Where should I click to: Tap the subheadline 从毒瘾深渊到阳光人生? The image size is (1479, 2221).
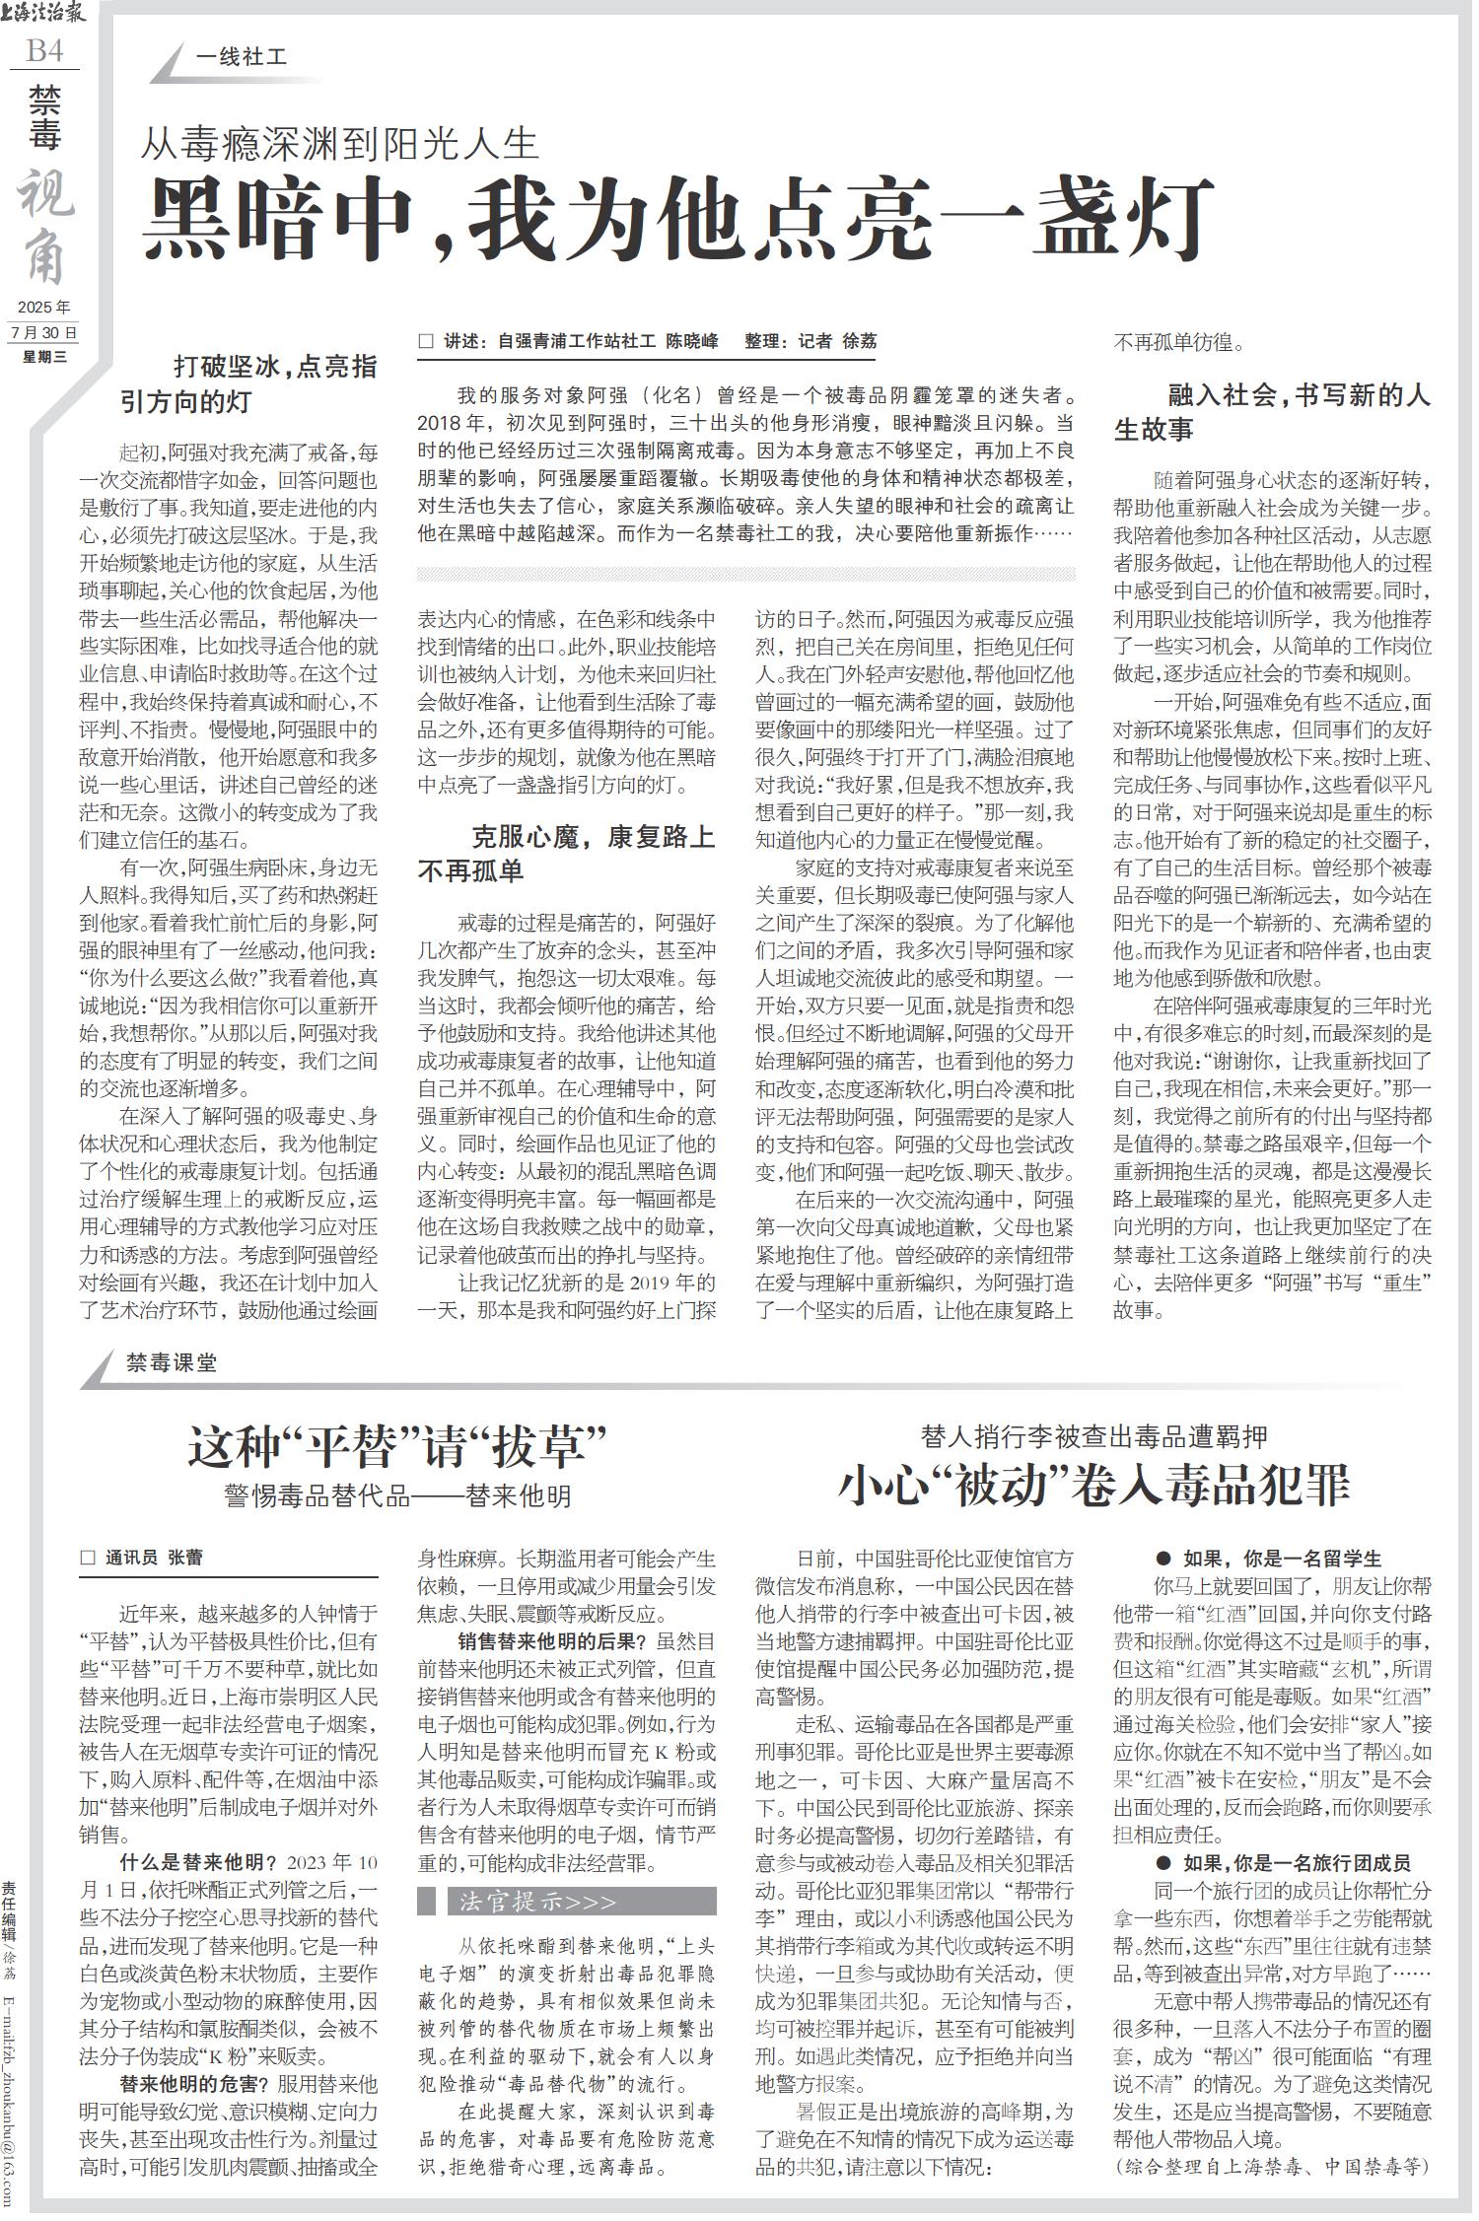click(340, 145)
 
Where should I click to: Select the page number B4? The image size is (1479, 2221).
click(44, 50)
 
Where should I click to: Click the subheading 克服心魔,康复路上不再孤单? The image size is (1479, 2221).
click(566, 855)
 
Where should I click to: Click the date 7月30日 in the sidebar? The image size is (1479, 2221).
click(44, 333)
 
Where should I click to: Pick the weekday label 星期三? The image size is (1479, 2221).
click(44, 357)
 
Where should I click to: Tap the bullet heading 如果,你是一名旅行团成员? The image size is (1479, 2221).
click(1283, 1863)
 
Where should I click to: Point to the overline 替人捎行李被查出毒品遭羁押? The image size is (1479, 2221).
click(1093, 1435)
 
